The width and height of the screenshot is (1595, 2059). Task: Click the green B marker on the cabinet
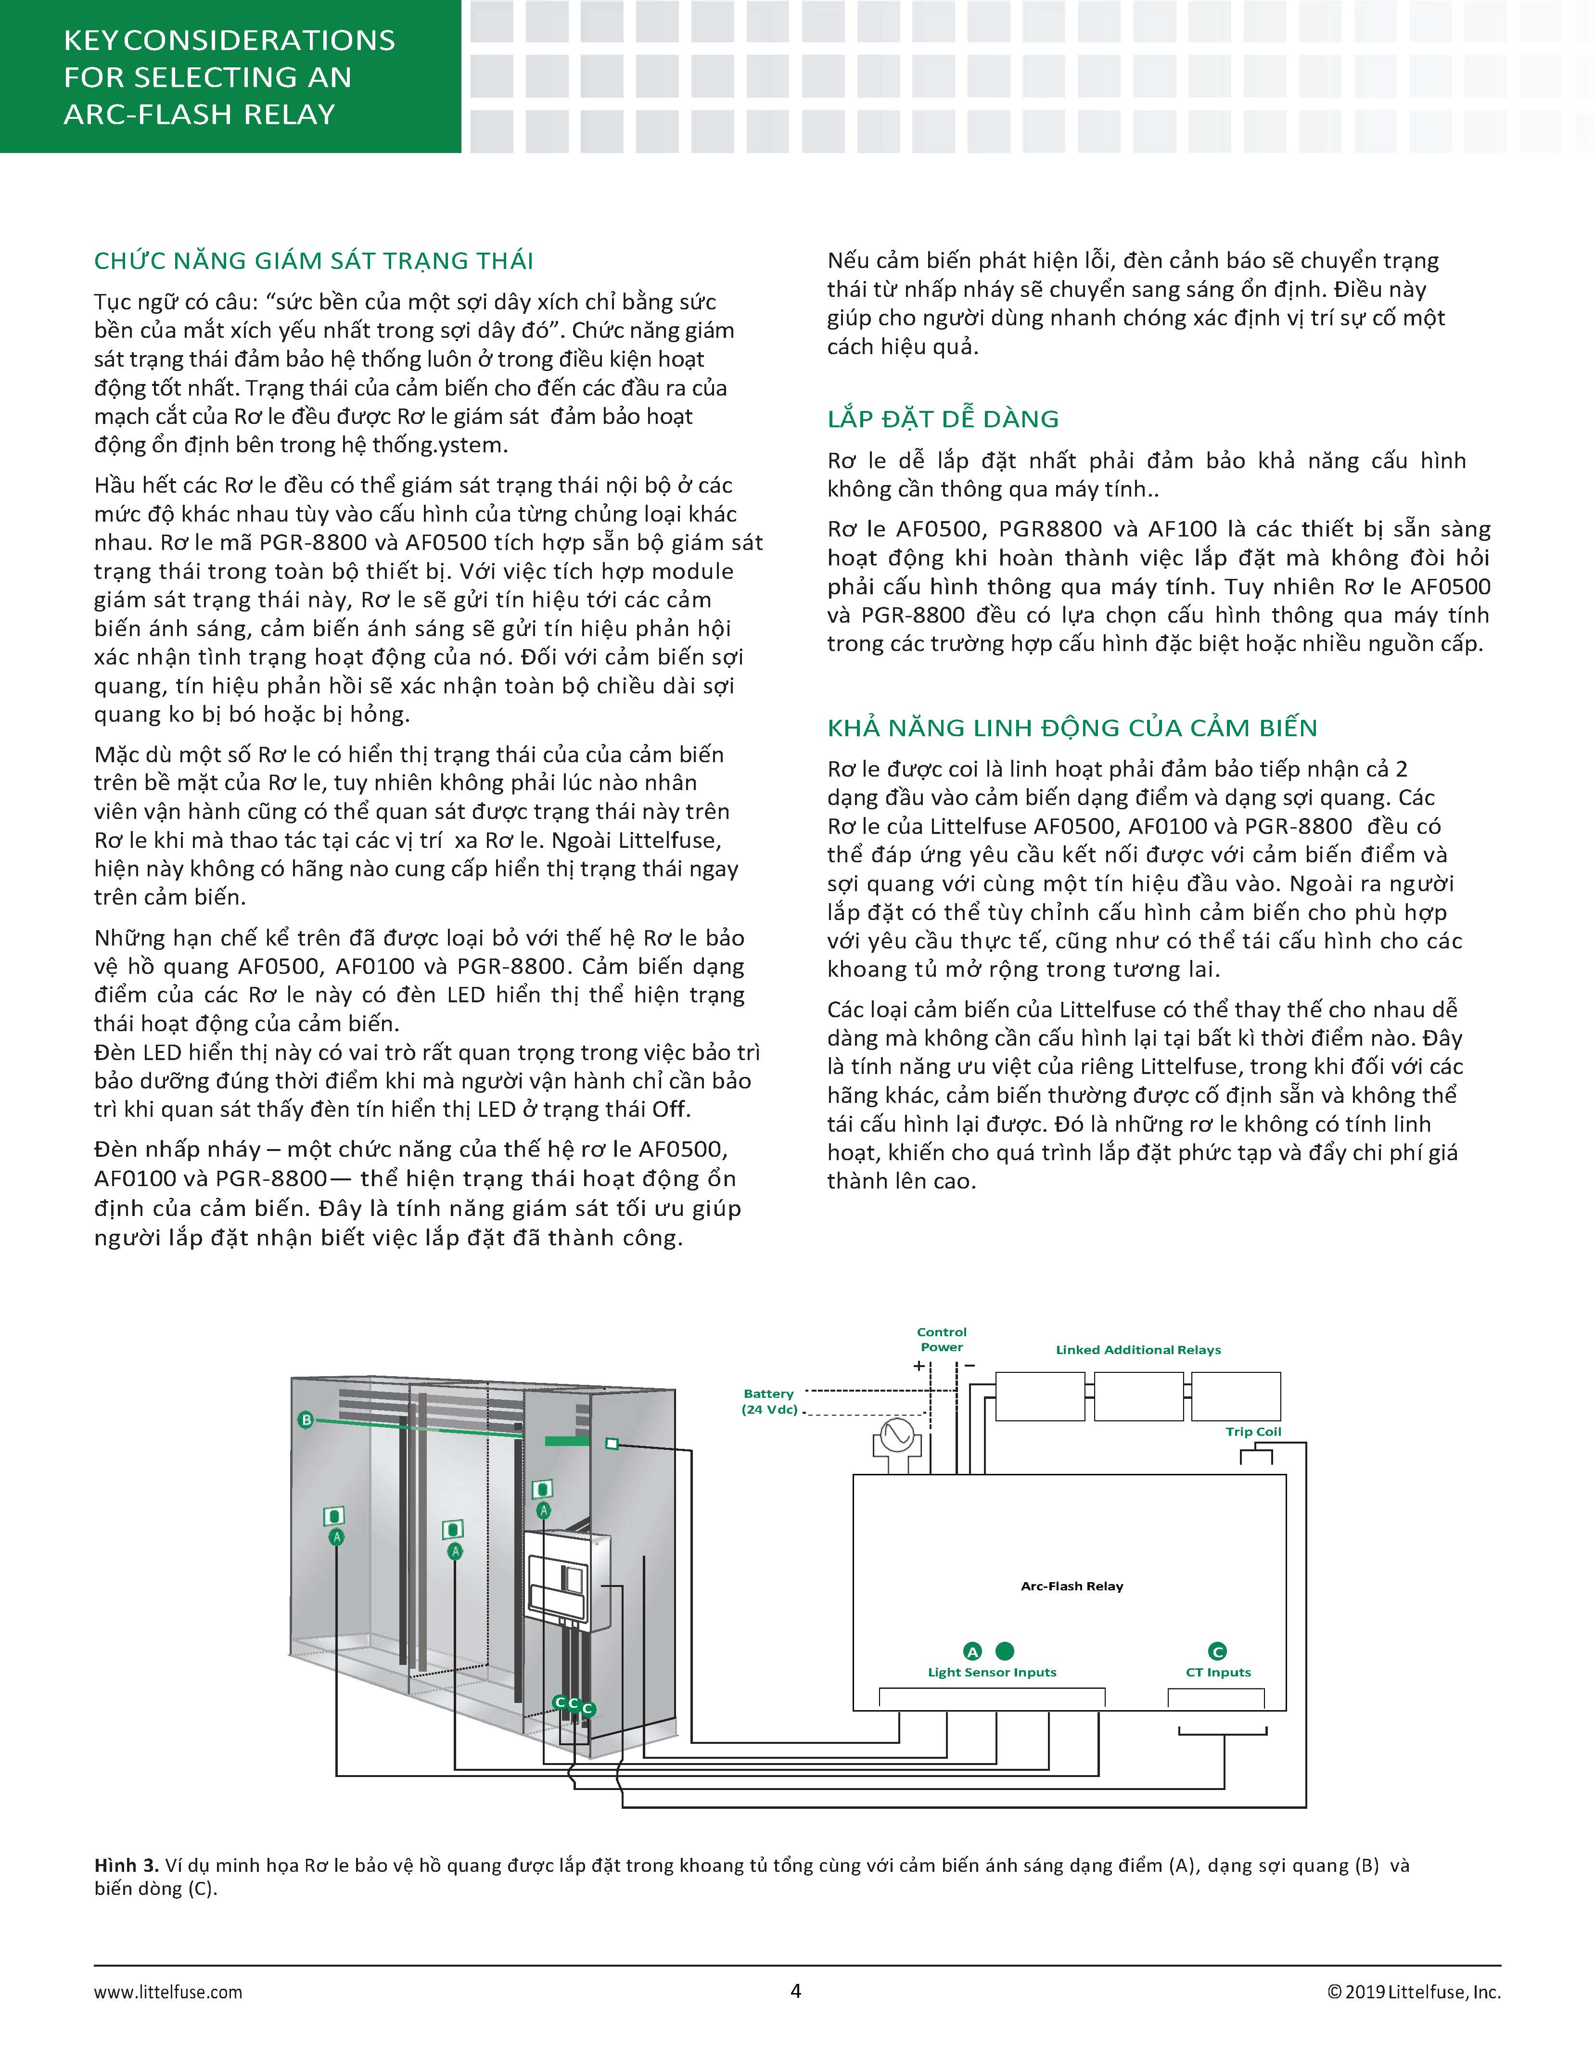pyautogui.click(x=306, y=1420)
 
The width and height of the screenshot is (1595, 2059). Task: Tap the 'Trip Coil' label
pyautogui.click(x=1253, y=1431)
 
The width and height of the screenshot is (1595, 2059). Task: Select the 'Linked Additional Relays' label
pyautogui.click(x=1138, y=1350)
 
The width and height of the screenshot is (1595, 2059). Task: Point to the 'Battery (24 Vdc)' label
pyautogui.click(x=769, y=1401)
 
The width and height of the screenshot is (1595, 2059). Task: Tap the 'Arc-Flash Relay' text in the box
pyautogui.click(x=1072, y=1586)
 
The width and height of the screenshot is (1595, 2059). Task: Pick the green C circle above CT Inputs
pyautogui.click(x=1217, y=1651)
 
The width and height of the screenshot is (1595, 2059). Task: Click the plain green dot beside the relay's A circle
pyautogui.click(x=1005, y=1651)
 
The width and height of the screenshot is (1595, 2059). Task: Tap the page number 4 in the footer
pyautogui.click(x=796, y=1990)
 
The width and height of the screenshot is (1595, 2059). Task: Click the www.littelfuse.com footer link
pyautogui.click(x=168, y=1992)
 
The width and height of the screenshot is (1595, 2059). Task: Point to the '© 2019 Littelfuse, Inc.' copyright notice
pyautogui.click(x=1413, y=1992)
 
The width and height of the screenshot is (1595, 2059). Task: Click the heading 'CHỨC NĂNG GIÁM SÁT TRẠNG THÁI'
pyautogui.click(x=314, y=260)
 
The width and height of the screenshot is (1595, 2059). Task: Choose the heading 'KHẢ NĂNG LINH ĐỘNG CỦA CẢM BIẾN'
pyautogui.click(x=1072, y=728)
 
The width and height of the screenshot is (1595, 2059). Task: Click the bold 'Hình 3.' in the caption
pyautogui.click(x=127, y=1865)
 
